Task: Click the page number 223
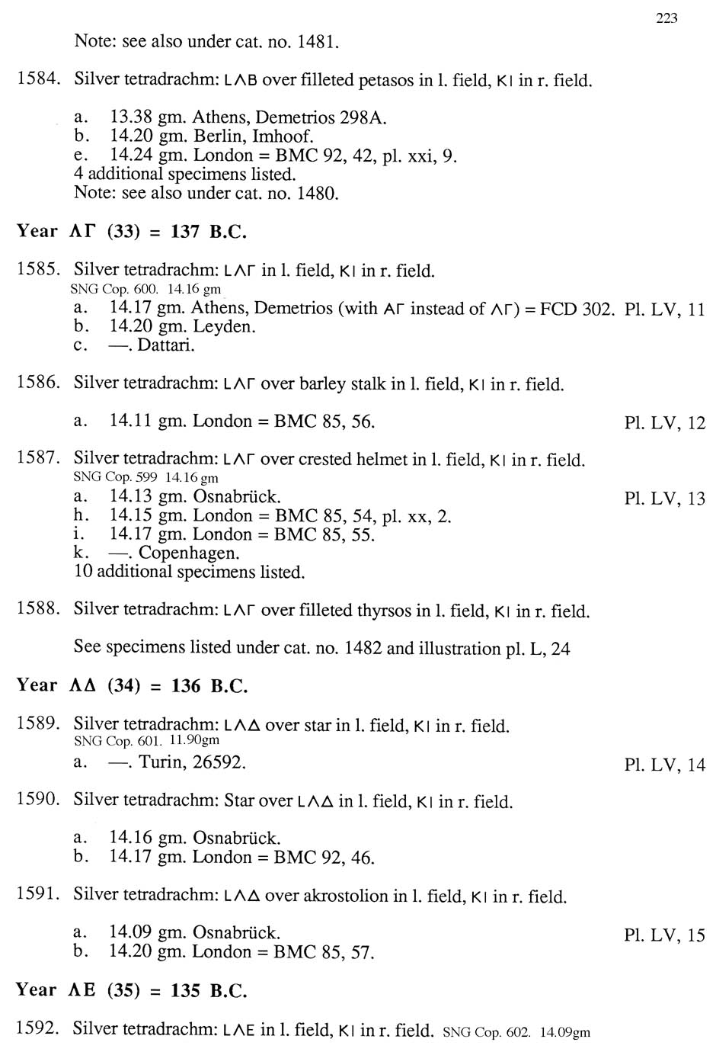[x=666, y=18]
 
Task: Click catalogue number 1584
[x=38, y=79]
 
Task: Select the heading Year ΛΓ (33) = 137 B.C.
[x=132, y=232]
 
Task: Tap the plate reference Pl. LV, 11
[x=664, y=310]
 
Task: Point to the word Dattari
[x=165, y=345]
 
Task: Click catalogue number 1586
[x=38, y=383]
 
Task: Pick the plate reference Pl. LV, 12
[x=664, y=423]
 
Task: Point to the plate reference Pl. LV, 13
[x=664, y=499]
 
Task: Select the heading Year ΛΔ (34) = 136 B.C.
[x=132, y=685]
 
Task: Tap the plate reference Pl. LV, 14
[x=664, y=765]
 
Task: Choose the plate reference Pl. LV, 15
[x=664, y=935]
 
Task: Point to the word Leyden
[x=224, y=327]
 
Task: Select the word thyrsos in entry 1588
[x=385, y=611]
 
